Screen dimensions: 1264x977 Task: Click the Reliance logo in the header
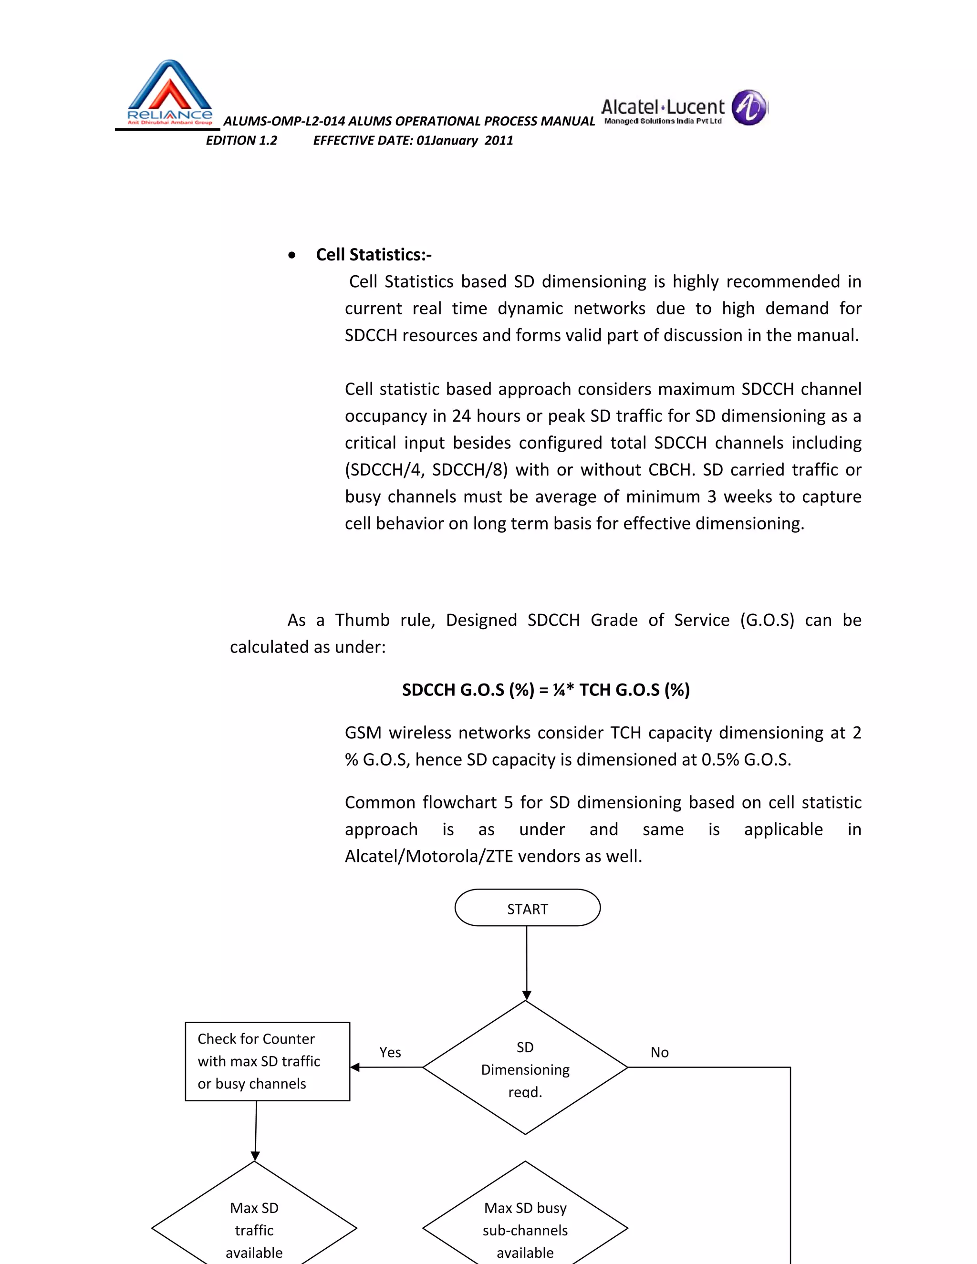(x=169, y=93)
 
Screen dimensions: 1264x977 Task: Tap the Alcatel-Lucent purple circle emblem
(x=749, y=108)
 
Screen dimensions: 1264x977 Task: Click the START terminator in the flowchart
(x=527, y=909)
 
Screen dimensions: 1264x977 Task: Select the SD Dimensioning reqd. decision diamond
(x=525, y=1068)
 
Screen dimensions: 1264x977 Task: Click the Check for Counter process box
(x=268, y=1061)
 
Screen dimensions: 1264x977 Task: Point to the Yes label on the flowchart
(x=390, y=1053)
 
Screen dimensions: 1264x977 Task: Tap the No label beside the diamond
(x=659, y=1053)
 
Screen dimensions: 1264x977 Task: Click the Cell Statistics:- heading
(x=374, y=255)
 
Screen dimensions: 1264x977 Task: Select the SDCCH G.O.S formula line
(x=546, y=690)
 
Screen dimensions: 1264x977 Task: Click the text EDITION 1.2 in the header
(x=241, y=141)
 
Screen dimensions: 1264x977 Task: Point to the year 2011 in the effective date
(x=499, y=141)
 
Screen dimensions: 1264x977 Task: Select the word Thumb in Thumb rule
(x=363, y=621)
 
